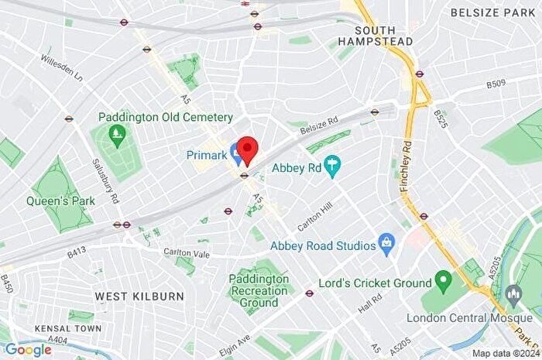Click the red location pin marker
[x=247, y=149]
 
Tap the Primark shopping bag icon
[x=237, y=149]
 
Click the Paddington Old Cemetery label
[x=166, y=117]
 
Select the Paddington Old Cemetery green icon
[x=117, y=137]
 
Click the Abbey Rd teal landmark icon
[x=333, y=166]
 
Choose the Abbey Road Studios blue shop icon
[x=386, y=245]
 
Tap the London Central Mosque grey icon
[x=513, y=294]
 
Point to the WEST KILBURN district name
[x=139, y=297]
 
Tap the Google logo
[x=28, y=350]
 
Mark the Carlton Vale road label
[x=186, y=252]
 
